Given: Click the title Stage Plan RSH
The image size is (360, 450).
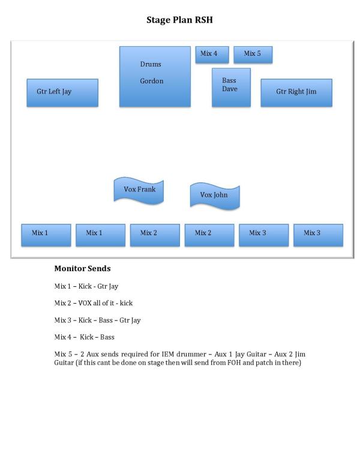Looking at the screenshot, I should point(179,20).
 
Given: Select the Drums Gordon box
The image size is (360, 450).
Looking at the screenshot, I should point(155,76).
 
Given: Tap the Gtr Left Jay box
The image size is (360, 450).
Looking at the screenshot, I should point(62,92).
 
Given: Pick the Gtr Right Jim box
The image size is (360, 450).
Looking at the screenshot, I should point(296,92).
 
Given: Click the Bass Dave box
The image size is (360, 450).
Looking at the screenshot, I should point(231,87).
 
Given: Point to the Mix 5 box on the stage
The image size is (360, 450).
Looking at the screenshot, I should point(253,54).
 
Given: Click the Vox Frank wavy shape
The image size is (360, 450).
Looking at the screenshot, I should point(139,190).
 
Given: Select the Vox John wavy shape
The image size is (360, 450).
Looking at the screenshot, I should point(214,196).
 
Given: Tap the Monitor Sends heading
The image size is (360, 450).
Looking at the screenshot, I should point(82,269).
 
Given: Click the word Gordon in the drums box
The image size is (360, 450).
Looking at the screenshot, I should point(152,81).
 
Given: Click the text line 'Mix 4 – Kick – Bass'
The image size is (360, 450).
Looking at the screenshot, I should point(84,337).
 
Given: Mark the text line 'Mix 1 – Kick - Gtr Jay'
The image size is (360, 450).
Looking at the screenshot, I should point(86,286).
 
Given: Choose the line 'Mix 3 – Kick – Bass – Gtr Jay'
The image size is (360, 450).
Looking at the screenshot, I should point(97,320).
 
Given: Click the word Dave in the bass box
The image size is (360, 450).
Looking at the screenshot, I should point(230,89).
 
